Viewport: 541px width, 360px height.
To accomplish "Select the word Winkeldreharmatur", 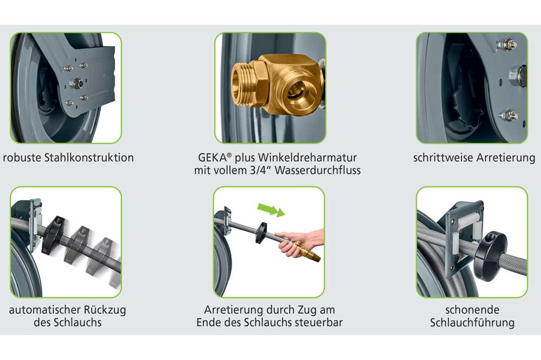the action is pyautogui.click(x=307, y=157).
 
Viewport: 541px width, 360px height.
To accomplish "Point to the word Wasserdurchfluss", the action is pyautogui.click(x=318, y=170).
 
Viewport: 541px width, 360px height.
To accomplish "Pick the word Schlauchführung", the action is pyautogui.click(x=472, y=323).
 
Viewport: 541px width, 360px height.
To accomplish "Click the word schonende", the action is pyautogui.click(x=472, y=310).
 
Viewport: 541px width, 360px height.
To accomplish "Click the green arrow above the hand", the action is pyautogui.click(x=272, y=209).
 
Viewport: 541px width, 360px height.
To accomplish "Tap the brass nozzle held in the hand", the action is pyautogui.click(x=308, y=251).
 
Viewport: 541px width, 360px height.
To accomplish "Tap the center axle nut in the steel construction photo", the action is pyautogui.click(x=76, y=83).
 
